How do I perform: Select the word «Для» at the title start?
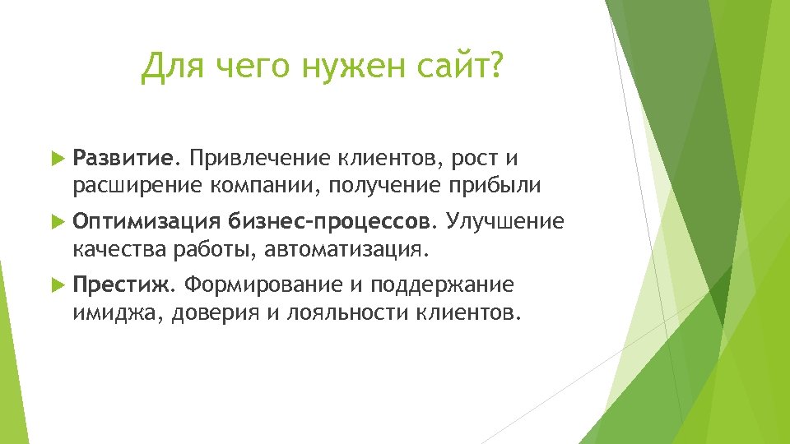(170, 67)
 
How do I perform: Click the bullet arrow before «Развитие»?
(56, 157)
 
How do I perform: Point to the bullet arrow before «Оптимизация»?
(56, 221)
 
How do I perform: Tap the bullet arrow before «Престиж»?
(56, 285)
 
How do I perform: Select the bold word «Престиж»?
(121, 285)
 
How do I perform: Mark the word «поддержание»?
(442, 285)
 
